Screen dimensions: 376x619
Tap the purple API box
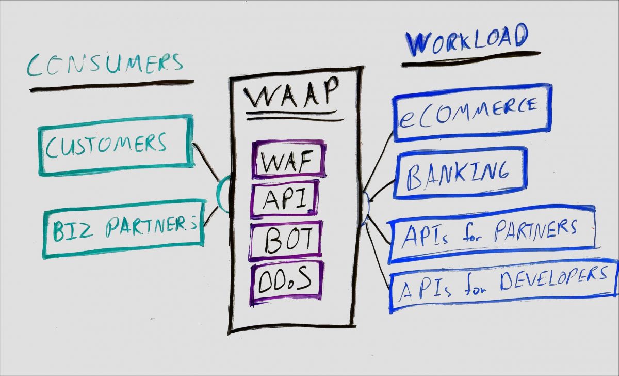click(x=284, y=200)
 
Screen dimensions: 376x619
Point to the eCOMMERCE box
click(x=471, y=112)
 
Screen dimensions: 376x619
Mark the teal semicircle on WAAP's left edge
click(x=222, y=194)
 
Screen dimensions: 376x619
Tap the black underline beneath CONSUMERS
click(x=111, y=86)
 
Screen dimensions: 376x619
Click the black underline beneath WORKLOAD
click(x=470, y=58)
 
